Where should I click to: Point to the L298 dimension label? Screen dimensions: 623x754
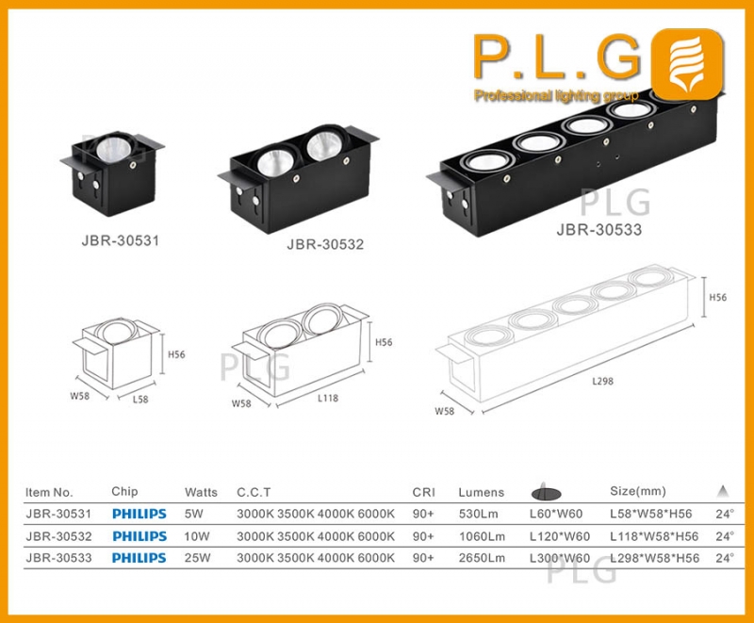point(603,381)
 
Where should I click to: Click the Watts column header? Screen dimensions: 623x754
point(201,492)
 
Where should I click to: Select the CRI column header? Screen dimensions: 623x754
point(423,492)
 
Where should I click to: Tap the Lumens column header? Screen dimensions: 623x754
point(481,492)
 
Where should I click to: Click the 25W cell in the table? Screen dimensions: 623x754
point(197,558)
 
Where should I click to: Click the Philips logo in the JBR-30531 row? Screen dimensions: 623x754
point(139,515)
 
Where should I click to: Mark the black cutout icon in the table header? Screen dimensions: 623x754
point(549,491)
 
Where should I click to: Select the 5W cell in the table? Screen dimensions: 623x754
point(194,515)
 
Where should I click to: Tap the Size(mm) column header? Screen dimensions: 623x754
point(639,491)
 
